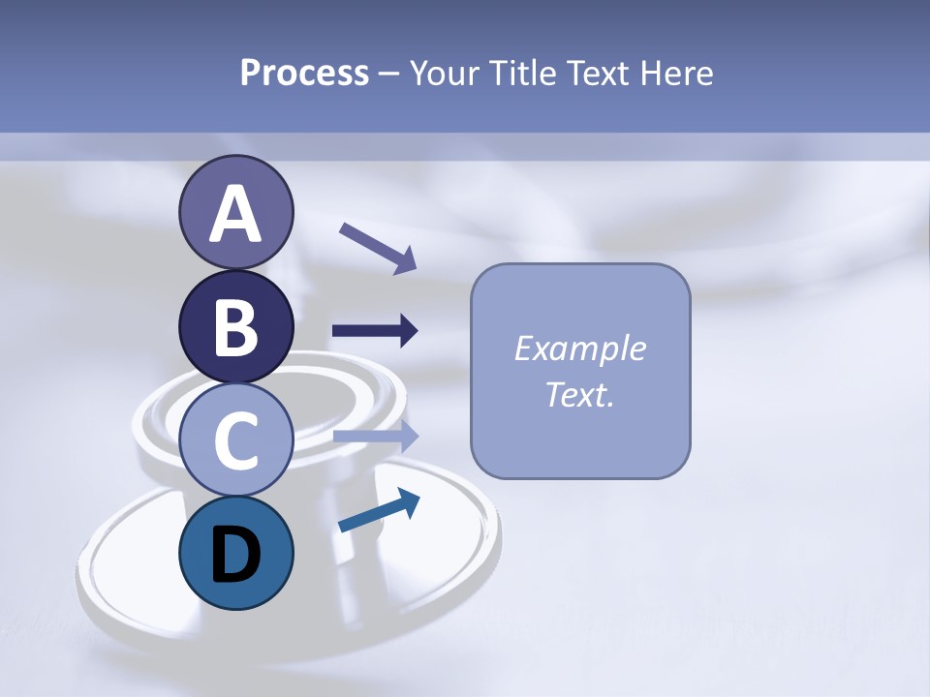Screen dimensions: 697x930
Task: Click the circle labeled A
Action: click(x=235, y=212)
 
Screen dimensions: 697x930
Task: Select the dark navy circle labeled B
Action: click(x=235, y=326)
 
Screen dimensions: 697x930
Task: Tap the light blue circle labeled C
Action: click(x=235, y=439)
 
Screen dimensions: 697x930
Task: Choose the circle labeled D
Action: click(x=235, y=553)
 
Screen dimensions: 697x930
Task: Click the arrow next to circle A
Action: click(x=378, y=247)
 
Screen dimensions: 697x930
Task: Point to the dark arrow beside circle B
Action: click(x=375, y=331)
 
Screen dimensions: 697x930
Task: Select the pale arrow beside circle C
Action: click(x=376, y=436)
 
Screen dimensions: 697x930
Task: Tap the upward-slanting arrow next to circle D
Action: click(x=379, y=511)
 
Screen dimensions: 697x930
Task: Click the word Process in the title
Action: click(x=304, y=73)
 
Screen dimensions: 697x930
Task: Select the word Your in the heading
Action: click(x=446, y=73)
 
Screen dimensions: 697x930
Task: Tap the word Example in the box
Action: click(x=579, y=348)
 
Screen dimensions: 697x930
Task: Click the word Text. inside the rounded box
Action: click(x=579, y=395)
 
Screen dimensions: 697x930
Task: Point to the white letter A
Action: click(x=235, y=214)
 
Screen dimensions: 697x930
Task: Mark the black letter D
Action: click(x=235, y=555)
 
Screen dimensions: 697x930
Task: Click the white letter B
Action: click(x=235, y=327)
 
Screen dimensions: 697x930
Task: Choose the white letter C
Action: click(x=235, y=440)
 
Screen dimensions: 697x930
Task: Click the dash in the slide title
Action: click(x=388, y=74)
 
